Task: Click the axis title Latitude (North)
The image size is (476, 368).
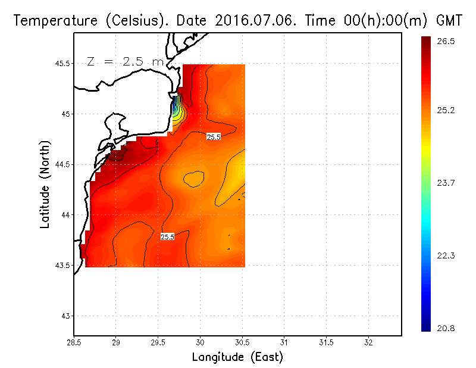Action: tap(45, 184)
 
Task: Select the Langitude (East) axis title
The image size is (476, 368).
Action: tap(237, 357)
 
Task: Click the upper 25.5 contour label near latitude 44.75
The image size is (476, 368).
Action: tap(214, 137)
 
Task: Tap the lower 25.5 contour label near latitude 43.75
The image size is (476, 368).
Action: tap(167, 237)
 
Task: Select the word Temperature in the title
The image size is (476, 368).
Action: tap(53, 21)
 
